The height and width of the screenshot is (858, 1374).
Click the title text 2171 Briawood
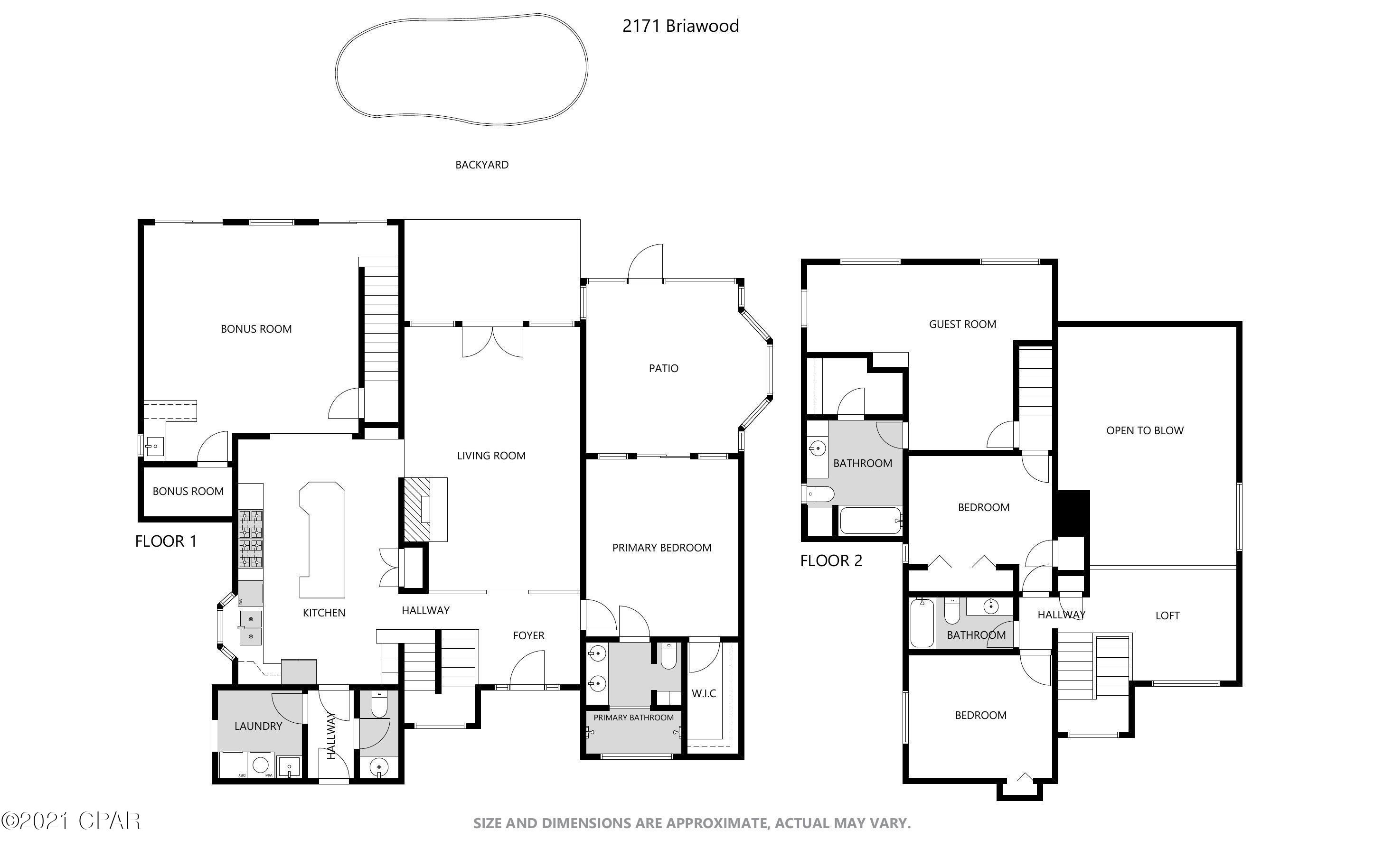pyautogui.click(x=680, y=26)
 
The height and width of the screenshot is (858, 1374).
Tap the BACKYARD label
pyautogui.click(x=481, y=165)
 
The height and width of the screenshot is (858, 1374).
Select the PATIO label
pyautogui.click(x=663, y=368)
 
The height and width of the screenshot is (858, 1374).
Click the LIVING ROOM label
pyautogui.click(x=491, y=455)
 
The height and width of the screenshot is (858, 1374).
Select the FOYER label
pyautogui.click(x=528, y=635)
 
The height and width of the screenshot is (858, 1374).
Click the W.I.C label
pyautogui.click(x=703, y=693)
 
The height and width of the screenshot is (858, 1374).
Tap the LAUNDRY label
pyautogui.click(x=258, y=726)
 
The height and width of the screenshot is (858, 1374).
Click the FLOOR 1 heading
pyautogui.click(x=166, y=541)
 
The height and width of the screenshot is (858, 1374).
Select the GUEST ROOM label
pyautogui.click(x=962, y=324)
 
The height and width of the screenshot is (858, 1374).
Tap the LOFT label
pyautogui.click(x=1167, y=615)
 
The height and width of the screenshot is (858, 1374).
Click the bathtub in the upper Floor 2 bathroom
pyautogui.click(x=870, y=521)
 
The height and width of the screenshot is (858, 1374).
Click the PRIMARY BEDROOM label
pyautogui.click(x=661, y=548)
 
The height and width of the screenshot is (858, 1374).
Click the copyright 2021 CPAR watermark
pyautogui.click(x=71, y=821)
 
